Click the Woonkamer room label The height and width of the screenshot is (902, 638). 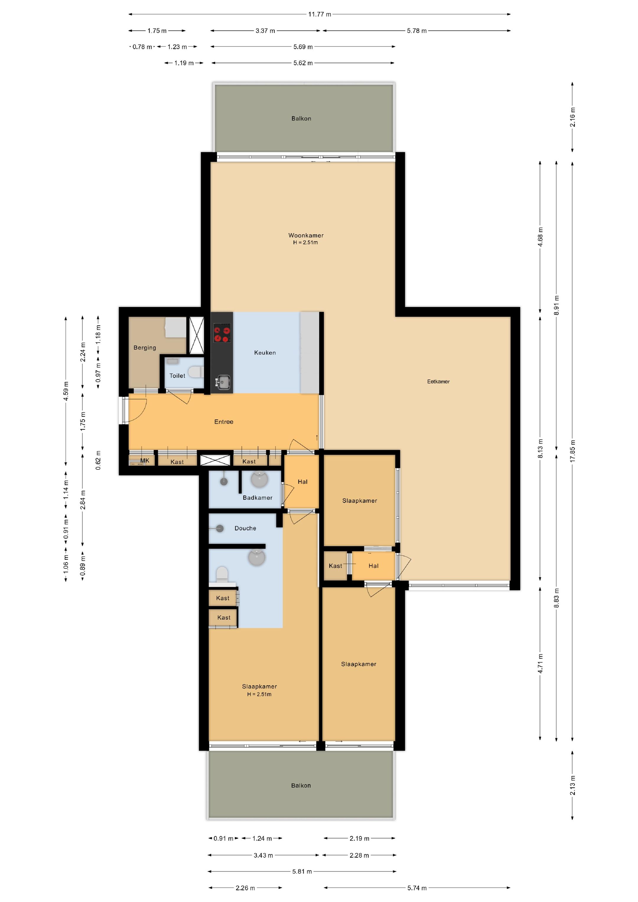click(x=305, y=235)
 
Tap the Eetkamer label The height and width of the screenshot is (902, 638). click(x=438, y=381)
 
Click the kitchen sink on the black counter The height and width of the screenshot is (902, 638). click(x=223, y=381)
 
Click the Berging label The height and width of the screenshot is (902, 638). click(x=145, y=348)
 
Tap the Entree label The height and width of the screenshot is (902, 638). click(x=224, y=422)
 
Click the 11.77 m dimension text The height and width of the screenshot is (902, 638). click(x=319, y=14)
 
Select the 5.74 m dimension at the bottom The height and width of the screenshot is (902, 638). click(x=417, y=888)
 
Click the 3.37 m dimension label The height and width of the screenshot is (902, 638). click(x=265, y=31)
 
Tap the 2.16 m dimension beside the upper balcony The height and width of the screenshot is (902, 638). click(x=572, y=117)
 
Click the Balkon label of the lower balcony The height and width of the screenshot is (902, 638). click(x=301, y=785)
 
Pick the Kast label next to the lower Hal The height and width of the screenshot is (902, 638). click(x=335, y=566)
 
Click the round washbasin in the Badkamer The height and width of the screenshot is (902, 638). click(x=259, y=479)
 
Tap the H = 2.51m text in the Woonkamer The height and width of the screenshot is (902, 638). click(x=305, y=243)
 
